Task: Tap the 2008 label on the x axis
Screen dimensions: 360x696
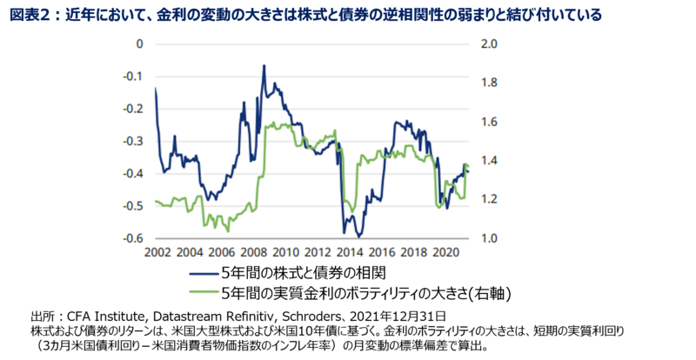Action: [253, 252]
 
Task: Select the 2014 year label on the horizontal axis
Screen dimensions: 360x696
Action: [351, 252]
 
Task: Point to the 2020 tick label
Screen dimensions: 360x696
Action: [447, 252]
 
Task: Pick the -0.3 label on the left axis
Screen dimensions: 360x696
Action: [133, 141]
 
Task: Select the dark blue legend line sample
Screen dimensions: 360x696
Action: [202, 277]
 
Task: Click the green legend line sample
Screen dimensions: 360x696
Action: [202, 294]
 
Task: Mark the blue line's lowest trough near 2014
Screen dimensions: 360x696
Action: [358, 236]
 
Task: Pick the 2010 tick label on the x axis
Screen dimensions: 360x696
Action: [285, 252]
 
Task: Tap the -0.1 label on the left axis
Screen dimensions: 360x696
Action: [133, 76]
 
